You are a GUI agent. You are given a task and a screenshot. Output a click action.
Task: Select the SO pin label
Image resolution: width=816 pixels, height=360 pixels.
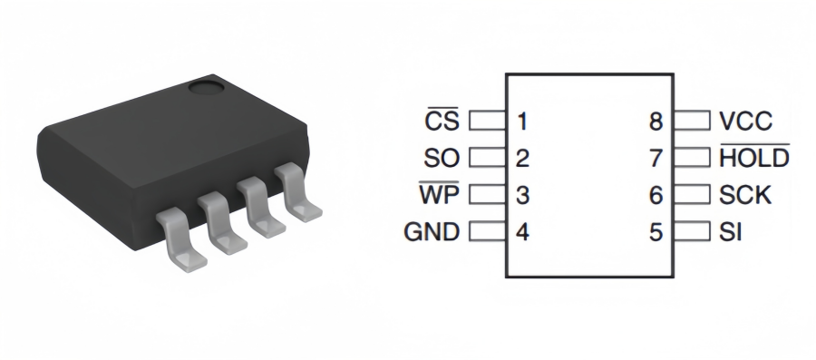pyautogui.click(x=442, y=158)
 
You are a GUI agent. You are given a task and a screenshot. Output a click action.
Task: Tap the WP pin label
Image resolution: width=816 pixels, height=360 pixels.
pyautogui.click(x=439, y=193)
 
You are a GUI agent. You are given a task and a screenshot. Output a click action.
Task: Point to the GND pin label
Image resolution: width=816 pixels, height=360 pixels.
pyautogui.click(x=432, y=232)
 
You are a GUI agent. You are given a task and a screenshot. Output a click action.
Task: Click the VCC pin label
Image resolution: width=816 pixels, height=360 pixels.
pyautogui.click(x=745, y=121)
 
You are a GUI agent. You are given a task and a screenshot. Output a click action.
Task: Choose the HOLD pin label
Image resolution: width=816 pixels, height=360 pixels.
pyautogui.click(x=754, y=157)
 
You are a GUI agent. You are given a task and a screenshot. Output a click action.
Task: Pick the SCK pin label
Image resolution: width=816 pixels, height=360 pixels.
pyautogui.click(x=744, y=195)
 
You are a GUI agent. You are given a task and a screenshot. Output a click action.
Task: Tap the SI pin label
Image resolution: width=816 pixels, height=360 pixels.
pyautogui.click(x=730, y=232)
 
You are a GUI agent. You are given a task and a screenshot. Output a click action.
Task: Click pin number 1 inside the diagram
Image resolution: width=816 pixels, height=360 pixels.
pyautogui.click(x=522, y=121)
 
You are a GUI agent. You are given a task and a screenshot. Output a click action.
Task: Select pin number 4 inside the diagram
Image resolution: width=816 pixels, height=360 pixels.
pyautogui.click(x=522, y=231)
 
